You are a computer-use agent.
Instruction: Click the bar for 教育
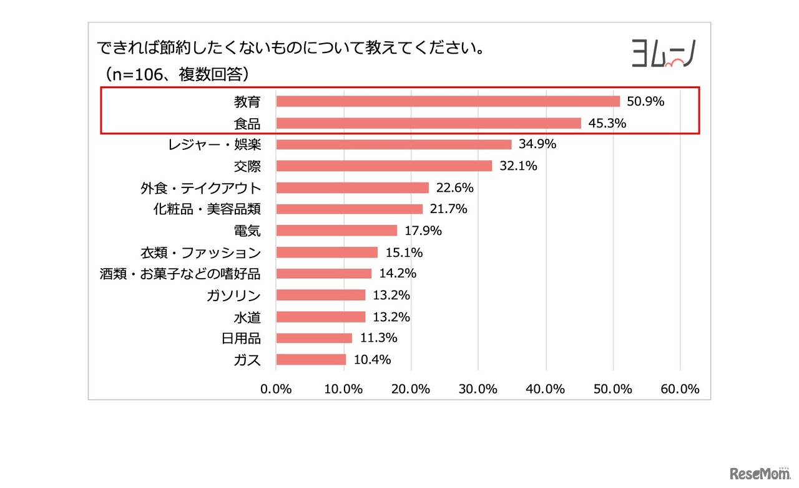pos(448,101)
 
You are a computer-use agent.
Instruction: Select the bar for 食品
pos(428,123)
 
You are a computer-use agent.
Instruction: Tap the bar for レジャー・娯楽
pos(393,144)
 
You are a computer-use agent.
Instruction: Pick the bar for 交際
pos(384,166)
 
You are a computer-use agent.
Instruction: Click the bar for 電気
pos(336,231)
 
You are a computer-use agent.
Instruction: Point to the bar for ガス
pos(311,360)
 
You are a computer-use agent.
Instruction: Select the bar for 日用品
pos(314,338)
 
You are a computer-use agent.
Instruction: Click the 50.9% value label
pos(645,101)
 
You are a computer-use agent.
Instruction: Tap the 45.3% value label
pos(607,123)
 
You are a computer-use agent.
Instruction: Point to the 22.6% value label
pos(455,187)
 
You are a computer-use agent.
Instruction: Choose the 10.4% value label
pos(372,360)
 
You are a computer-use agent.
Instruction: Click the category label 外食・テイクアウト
pos(200,187)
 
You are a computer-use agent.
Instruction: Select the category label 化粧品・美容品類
pos(207,209)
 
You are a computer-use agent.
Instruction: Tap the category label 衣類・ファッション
pos(200,252)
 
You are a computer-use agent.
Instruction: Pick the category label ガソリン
pos(233,296)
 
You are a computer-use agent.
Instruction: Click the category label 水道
pos(248,317)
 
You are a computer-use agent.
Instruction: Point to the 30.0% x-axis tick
pos(478,389)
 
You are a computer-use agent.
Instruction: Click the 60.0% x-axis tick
pos(680,389)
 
